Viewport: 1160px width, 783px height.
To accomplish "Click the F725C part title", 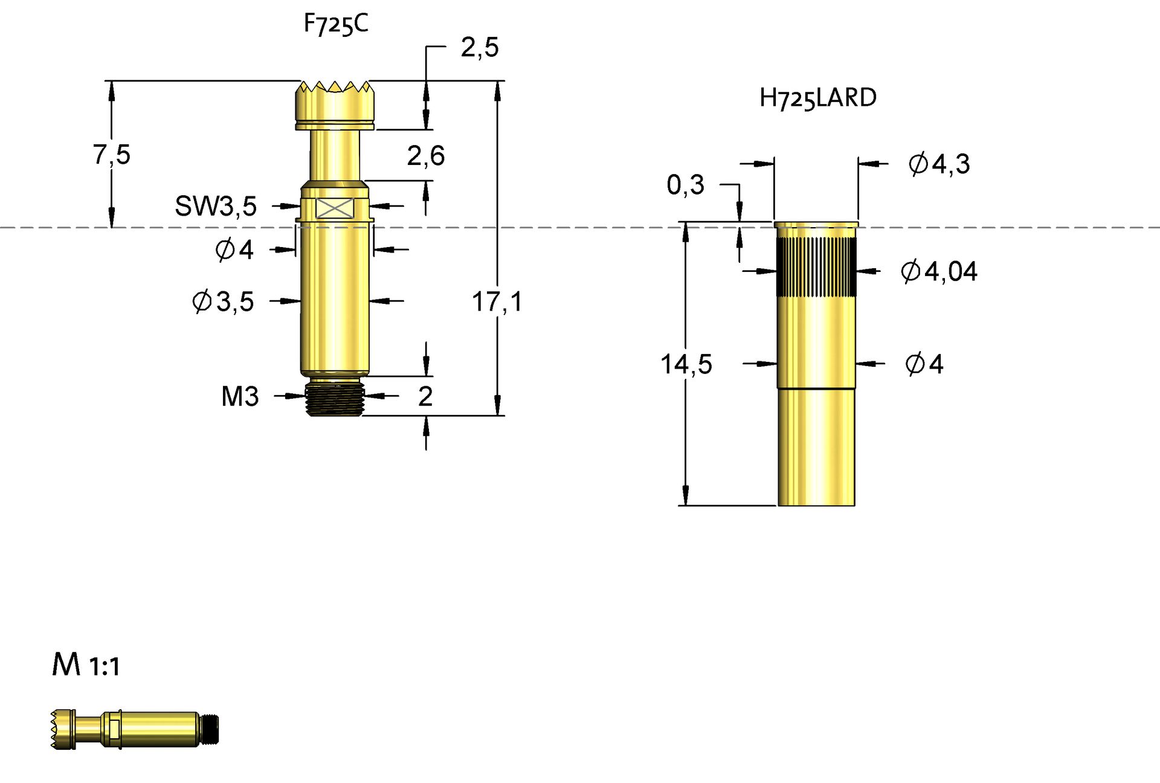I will pos(335,24).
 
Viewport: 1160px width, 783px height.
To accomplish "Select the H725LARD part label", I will pos(817,98).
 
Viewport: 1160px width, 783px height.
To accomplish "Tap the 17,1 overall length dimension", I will pos(497,301).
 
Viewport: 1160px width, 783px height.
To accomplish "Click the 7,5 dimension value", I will pos(112,154).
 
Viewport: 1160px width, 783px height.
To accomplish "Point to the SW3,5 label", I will pos(216,207).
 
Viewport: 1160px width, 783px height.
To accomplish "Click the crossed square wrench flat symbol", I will pos(335,208).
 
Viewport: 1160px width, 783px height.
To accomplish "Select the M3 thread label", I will pos(240,396).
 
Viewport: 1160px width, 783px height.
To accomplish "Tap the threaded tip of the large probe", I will pos(335,398).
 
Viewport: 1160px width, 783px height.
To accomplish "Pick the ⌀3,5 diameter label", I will pos(223,301).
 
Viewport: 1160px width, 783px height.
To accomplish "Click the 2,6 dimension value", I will pos(426,156).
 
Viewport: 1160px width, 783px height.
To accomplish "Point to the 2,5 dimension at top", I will pos(480,47).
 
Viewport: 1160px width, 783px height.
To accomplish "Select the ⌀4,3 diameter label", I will pos(939,164).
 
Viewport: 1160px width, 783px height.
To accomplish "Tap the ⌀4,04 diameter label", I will pos(939,271).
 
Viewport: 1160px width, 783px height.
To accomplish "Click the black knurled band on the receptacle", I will pos(816,266).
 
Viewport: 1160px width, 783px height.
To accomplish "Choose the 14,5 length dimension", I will pos(686,364).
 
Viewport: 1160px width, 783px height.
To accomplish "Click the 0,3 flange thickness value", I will pos(685,184).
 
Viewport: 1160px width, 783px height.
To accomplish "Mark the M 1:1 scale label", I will pos(86,665).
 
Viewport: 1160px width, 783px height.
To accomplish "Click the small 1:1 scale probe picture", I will pos(134,729).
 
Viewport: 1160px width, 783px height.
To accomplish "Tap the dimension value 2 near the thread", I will pos(425,396).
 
